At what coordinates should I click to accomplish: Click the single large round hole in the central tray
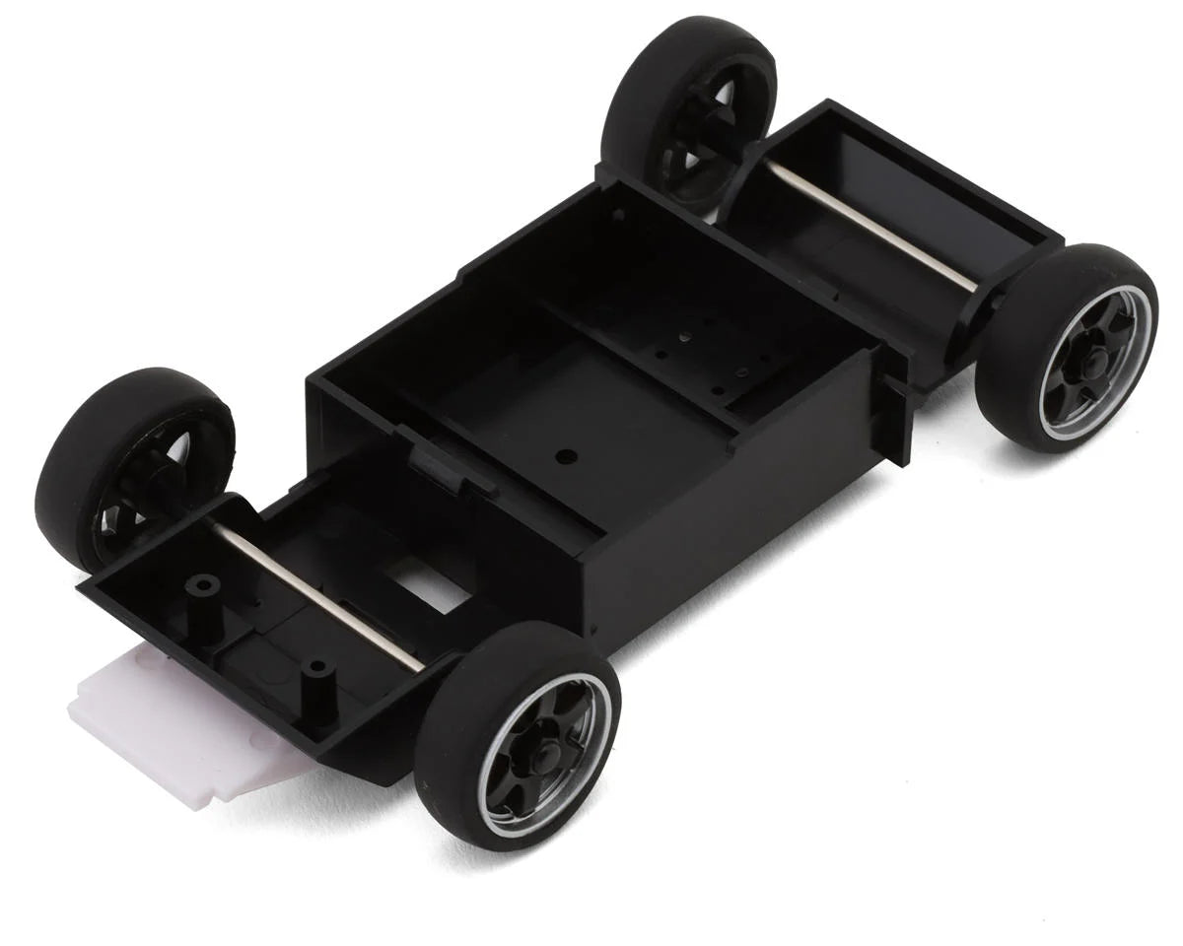[x=565, y=456]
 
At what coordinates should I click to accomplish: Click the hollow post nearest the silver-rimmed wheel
[x=317, y=670]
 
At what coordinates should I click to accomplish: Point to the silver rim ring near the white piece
[x=493, y=778]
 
